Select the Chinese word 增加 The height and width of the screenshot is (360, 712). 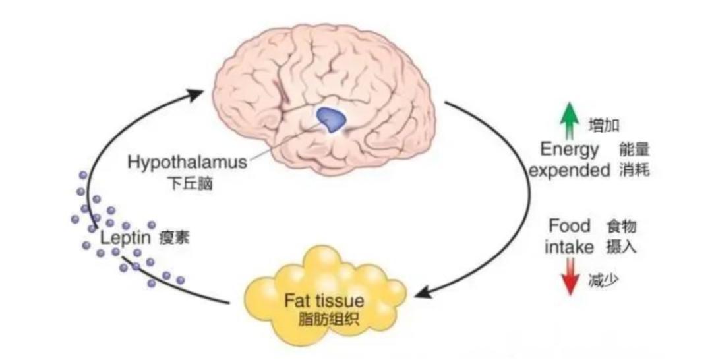pos(603,125)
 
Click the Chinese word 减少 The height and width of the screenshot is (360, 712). pos(603,282)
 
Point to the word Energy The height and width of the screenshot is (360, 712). pos(570,150)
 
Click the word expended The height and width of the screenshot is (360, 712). pos(570,171)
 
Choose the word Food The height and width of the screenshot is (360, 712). pos(570,226)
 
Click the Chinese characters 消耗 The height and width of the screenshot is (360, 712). pos(634,171)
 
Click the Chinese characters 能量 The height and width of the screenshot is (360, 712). pos(634,150)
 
